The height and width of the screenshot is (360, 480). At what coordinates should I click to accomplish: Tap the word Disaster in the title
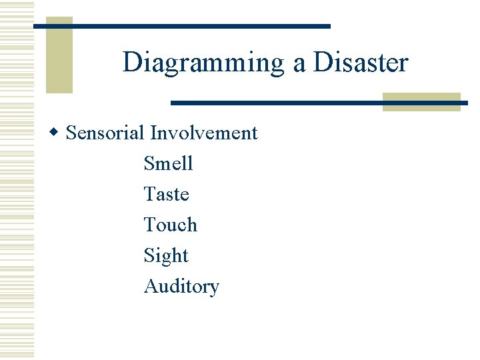360,63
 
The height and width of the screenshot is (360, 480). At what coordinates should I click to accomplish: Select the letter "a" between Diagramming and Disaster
297,64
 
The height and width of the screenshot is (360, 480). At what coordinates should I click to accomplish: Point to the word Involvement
204,133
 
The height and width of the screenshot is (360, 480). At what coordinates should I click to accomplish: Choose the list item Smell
168,163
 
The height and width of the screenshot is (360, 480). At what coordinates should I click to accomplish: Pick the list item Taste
166,194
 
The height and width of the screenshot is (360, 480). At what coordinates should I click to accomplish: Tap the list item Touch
170,225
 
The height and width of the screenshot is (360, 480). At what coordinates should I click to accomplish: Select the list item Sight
166,256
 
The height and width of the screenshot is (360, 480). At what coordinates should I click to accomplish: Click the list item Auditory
181,287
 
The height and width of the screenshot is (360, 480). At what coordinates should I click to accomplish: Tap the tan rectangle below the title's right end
421,101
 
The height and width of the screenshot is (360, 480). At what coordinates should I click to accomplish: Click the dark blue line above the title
181,26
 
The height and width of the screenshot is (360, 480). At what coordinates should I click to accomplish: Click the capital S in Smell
149,163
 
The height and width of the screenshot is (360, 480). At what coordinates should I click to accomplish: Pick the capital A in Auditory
151,286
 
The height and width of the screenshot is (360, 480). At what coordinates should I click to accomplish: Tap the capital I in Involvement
153,133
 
